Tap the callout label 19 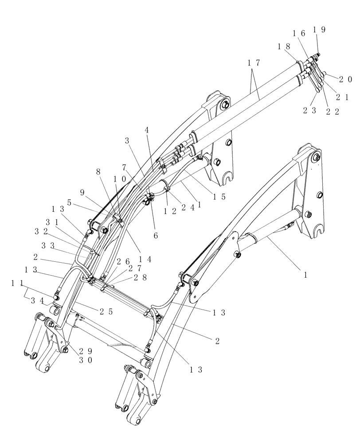(x=319, y=30)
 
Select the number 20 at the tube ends (x=346, y=80)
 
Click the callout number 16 (x=299, y=33)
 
